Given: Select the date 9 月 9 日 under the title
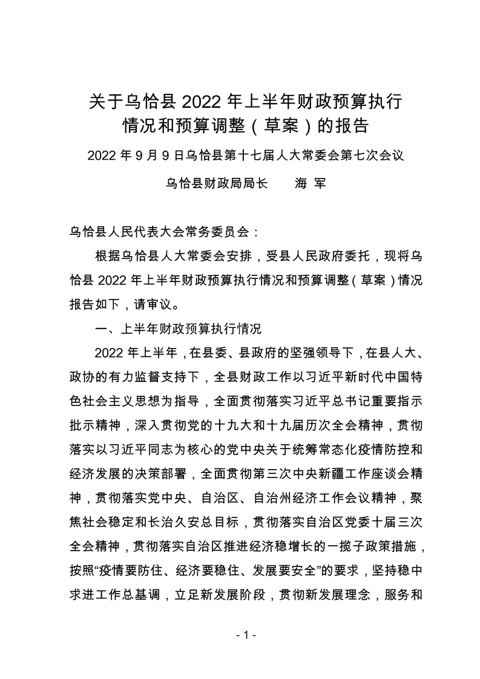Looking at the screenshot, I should point(157,156).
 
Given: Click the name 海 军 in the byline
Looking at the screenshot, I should point(309,183).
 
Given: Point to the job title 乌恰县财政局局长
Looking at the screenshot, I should point(215,183).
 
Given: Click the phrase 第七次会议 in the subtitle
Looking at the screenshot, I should point(369,156).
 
